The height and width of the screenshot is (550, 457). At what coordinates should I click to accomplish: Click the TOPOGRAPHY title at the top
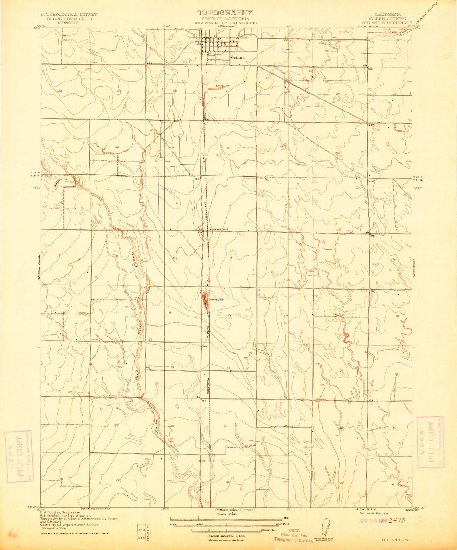click(x=225, y=13)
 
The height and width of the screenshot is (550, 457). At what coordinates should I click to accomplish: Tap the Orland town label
click(x=238, y=57)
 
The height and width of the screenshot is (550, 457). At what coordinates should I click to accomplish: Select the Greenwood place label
click(x=218, y=229)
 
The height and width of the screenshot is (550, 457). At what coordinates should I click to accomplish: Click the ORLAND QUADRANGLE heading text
click(x=393, y=23)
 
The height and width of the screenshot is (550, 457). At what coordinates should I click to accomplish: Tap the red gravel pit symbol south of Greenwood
click(x=205, y=300)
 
